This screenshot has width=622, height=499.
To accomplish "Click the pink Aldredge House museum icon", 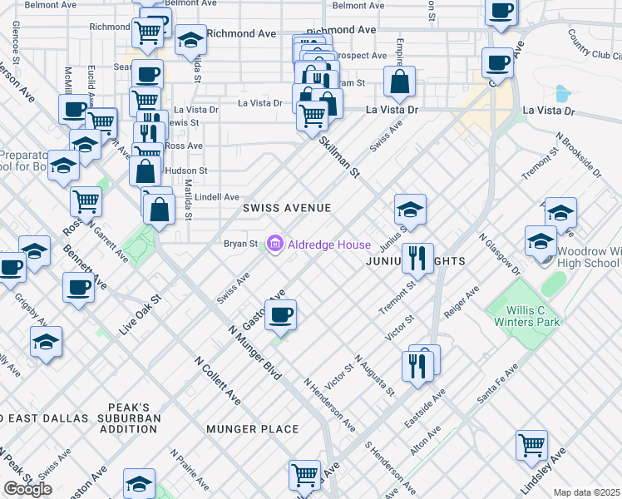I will [274, 244].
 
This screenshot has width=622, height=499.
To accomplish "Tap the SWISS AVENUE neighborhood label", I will [287, 208].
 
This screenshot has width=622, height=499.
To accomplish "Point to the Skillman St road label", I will [341, 158].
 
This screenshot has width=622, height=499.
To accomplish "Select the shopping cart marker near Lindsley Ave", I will [531, 444].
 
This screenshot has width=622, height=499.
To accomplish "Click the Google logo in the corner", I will [27, 489].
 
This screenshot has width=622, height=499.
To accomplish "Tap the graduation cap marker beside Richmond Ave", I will [190, 40].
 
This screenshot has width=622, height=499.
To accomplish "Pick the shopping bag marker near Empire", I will [400, 82].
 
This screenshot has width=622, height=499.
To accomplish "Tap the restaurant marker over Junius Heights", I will [417, 258].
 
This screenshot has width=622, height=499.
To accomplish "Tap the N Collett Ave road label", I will [218, 382].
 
